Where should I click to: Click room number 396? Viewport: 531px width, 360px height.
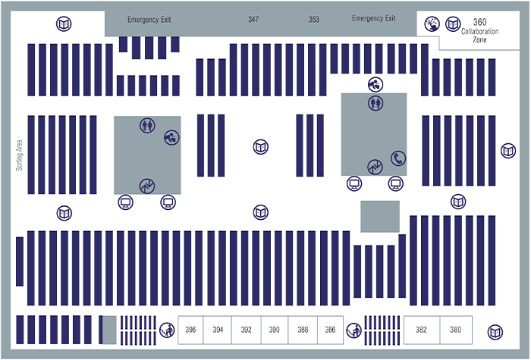pyautogui.click(x=190, y=330)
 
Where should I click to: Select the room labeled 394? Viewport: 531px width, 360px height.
pyautogui.click(x=218, y=330)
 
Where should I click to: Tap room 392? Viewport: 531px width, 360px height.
pyautogui.click(x=247, y=330)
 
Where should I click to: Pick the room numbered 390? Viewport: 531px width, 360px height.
pyautogui.click(x=275, y=330)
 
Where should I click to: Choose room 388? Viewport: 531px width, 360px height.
pyautogui.click(x=303, y=330)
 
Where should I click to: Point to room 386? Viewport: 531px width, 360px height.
pyautogui.click(x=330, y=330)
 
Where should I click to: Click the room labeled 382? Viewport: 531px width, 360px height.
pyautogui.click(x=421, y=330)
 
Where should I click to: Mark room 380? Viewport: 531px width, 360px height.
pyautogui.click(x=456, y=330)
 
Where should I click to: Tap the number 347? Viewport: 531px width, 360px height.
pyautogui.click(x=253, y=19)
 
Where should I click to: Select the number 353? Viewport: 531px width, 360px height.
pyautogui.click(x=313, y=19)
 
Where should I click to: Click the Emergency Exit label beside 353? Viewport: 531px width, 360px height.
pyautogui.click(x=373, y=18)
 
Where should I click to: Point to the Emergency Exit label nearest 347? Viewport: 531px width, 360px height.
pyautogui.click(x=149, y=20)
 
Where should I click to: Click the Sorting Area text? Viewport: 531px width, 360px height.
pyautogui.click(x=19, y=155)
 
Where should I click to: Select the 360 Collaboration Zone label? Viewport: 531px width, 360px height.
pyautogui.click(x=479, y=30)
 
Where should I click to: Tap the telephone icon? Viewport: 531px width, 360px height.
pyautogui.click(x=398, y=158)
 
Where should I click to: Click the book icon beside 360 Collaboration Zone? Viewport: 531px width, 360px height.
pyautogui.click(x=453, y=24)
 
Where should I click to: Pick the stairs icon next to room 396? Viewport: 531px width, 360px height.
pyautogui.click(x=167, y=330)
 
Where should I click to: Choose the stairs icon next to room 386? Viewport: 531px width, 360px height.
pyautogui.click(x=354, y=330)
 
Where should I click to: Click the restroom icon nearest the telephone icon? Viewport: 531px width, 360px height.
pyautogui.click(x=375, y=102)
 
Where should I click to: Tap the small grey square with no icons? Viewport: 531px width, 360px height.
pyautogui.click(x=380, y=217)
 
